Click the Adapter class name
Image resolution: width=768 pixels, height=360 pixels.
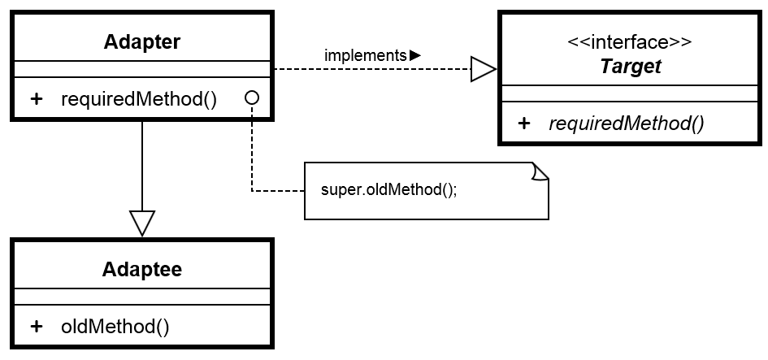(x=142, y=41)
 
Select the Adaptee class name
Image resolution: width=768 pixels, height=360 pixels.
(x=142, y=269)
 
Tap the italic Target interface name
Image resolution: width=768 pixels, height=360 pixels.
(x=631, y=67)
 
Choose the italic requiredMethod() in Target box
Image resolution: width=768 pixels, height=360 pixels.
(x=627, y=124)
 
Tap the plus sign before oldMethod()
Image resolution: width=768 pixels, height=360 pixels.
(x=37, y=327)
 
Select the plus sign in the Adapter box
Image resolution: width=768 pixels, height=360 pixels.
(x=37, y=99)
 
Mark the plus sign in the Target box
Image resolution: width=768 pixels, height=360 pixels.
(x=524, y=124)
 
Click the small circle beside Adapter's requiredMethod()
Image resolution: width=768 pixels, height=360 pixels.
(x=252, y=98)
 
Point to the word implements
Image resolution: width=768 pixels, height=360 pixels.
(x=365, y=55)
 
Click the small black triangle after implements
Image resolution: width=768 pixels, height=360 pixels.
(x=414, y=55)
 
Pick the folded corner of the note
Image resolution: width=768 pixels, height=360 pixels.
(x=540, y=171)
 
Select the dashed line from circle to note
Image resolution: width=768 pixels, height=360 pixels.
(x=252, y=154)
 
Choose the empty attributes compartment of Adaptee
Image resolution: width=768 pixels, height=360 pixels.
(x=142, y=297)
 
